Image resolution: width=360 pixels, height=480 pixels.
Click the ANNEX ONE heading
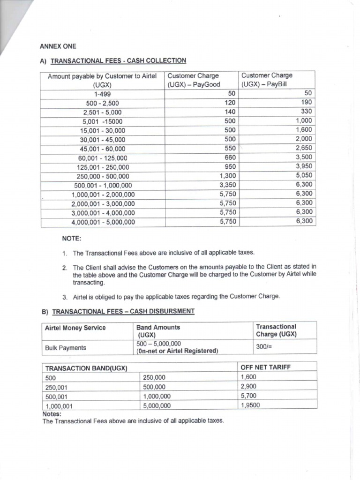point(57,46)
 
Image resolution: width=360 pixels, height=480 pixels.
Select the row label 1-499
point(102,94)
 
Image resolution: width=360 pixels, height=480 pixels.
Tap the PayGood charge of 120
point(230,103)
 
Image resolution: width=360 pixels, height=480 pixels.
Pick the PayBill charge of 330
point(306,112)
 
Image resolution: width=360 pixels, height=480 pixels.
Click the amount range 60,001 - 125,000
point(102,158)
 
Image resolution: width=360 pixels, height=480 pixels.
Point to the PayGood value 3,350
point(227,185)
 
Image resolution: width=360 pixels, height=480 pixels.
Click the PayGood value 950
point(230,166)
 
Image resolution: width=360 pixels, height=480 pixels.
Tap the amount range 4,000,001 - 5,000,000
point(103,222)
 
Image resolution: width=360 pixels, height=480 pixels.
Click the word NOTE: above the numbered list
point(71,239)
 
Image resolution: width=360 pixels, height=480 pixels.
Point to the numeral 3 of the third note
point(64,297)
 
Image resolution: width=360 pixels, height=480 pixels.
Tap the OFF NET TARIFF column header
point(265,367)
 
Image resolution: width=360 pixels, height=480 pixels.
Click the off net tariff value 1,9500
point(250,405)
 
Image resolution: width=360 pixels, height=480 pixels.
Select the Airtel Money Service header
point(75,328)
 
